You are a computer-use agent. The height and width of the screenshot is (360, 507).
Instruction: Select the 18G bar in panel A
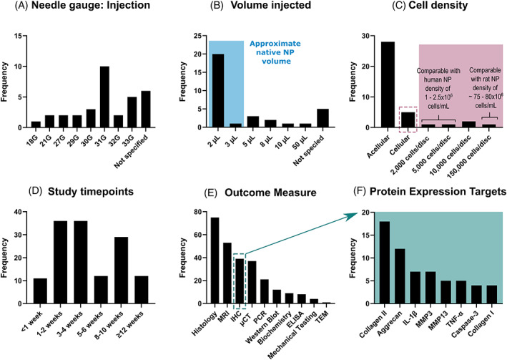click(36, 125)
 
